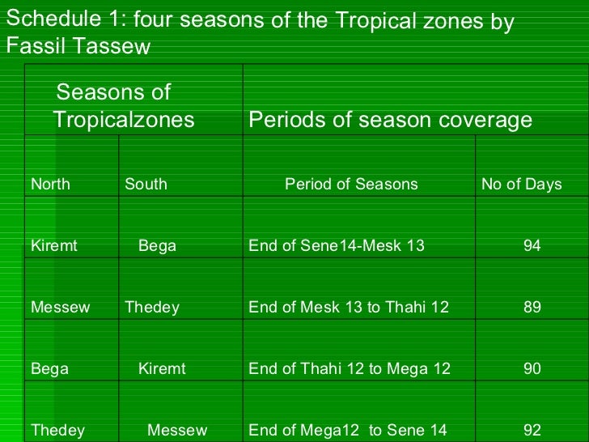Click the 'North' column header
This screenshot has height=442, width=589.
tap(50, 184)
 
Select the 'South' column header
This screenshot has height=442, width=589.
tap(146, 184)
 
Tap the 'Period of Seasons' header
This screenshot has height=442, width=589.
tap(351, 184)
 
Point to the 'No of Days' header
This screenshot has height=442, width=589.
tap(521, 184)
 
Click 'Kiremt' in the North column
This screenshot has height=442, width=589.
tap(53, 245)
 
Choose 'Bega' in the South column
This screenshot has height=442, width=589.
tap(157, 245)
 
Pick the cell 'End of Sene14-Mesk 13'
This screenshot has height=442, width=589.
tap(336, 245)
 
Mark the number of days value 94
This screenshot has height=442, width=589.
tap(532, 245)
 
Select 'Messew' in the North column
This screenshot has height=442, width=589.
tap(60, 307)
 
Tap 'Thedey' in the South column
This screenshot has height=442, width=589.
tap(152, 307)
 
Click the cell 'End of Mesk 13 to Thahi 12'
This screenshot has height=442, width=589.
tap(348, 307)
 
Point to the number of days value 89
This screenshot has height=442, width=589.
tap(532, 307)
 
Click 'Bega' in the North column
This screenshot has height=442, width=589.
tap(49, 368)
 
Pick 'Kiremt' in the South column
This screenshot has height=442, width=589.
tap(162, 368)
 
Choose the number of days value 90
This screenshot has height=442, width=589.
tap(532, 368)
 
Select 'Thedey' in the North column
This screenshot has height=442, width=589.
tap(57, 430)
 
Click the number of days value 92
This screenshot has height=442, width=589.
tap(532, 430)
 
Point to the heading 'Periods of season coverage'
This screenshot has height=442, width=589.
tap(390, 120)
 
